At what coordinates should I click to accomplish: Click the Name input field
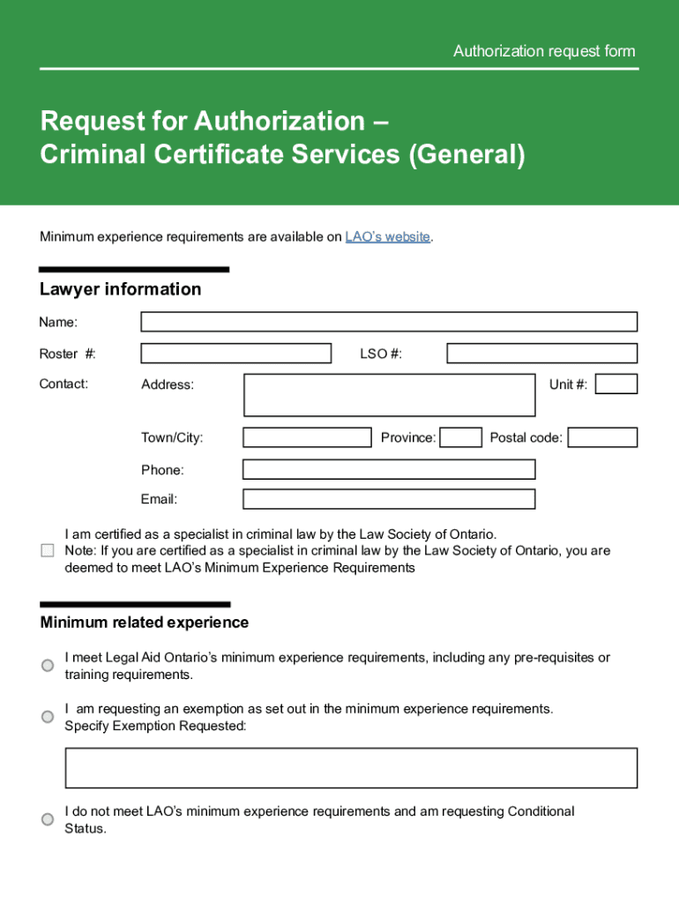[x=389, y=322]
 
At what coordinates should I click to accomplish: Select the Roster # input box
[x=236, y=354]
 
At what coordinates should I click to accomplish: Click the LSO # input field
[x=541, y=354]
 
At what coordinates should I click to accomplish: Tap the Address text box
[x=389, y=395]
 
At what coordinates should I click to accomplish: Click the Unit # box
[x=616, y=384]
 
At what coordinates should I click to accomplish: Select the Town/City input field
[x=307, y=437]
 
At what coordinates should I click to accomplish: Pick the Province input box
[x=460, y=437]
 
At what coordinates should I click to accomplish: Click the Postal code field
[x=602, y=437]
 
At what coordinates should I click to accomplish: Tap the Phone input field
[x=389, y=469]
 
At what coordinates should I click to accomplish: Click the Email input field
[x=389, y=499]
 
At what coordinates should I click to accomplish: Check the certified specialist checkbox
[x=48, y=551]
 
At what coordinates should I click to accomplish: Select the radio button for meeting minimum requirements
[x=48, y=666]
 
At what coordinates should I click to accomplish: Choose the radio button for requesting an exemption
[x=48, y=717]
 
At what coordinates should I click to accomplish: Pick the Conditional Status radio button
[x=48, y=819]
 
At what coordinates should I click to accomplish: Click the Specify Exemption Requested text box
[x=351, y=768]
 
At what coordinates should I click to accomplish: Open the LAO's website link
[x=388, y=237]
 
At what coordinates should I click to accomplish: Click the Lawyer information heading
[x=121, y=289]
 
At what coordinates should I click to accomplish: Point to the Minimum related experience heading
[x=145, y=623]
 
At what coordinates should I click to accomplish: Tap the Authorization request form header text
[x=544, y=51]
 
